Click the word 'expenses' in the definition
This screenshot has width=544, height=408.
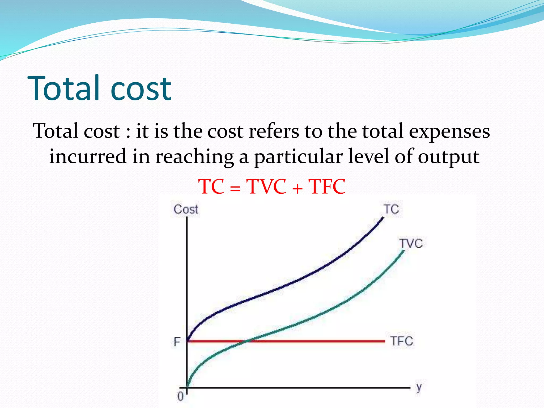(x=449, y=131)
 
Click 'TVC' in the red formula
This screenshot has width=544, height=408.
(x=266, y=186)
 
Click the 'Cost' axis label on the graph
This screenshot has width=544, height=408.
(x=186, y=209)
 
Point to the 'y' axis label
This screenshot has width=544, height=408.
(x=419, y=388)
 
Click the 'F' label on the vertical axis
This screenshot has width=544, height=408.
(x=177, y=342)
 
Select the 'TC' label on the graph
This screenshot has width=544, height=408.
(x=391, y=209)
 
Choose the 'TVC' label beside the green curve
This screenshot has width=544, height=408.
(x=411, y=243)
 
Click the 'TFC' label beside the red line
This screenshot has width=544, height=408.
(x=402, y=341)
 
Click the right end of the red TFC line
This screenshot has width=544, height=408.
(x=384, y=341)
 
